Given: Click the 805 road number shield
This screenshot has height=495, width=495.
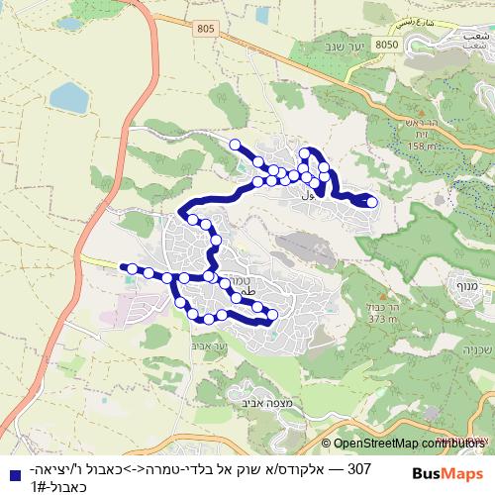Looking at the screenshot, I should point(205,30).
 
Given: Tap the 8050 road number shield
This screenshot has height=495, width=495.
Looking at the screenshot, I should point(387,45).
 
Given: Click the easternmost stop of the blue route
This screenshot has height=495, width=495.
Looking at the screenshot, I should point(372,202).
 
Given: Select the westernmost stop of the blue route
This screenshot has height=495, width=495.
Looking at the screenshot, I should point(131,267).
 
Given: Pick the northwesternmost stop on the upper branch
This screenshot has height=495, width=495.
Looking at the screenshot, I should point(236,146).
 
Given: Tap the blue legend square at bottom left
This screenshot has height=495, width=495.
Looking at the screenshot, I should point(9,470).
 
